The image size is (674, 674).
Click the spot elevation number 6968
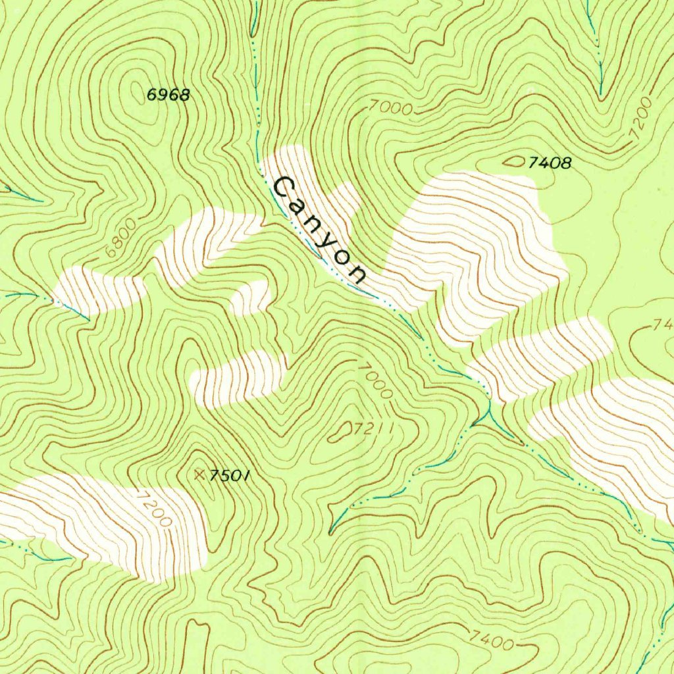click(168, 95)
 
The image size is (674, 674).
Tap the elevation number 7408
click(550, 163)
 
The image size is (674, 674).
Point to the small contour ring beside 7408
click(514, 161)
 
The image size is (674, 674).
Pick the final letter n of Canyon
click(357, 273)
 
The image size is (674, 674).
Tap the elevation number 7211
click(373, 430)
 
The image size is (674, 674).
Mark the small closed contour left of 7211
click(342, 431)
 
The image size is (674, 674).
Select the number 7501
click(230, 475)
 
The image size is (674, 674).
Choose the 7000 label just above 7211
click(376, 380)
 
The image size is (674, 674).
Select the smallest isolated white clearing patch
click(250, 298)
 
